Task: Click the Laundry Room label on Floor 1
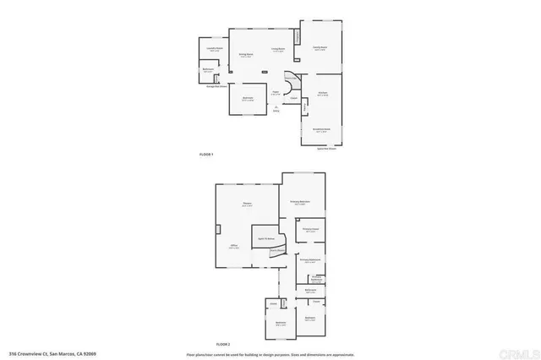pyautogui.click(x=214, y=50)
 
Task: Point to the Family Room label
pyautogui.click(x=320, y=48)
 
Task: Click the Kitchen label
pyautogui.click(x=322, y=95)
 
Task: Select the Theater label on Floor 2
pyautogui.click(x=248, y=205)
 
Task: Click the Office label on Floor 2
pyautogui.click(x=234, y=247)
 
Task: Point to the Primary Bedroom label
pyautogui.click(x=300, y=202)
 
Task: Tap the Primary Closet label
pyautogui.click(x=310, y=229)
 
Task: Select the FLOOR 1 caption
pyautogui.click(x=206, y=154)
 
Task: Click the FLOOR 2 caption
pyautogui.click(x=222, y=344)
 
